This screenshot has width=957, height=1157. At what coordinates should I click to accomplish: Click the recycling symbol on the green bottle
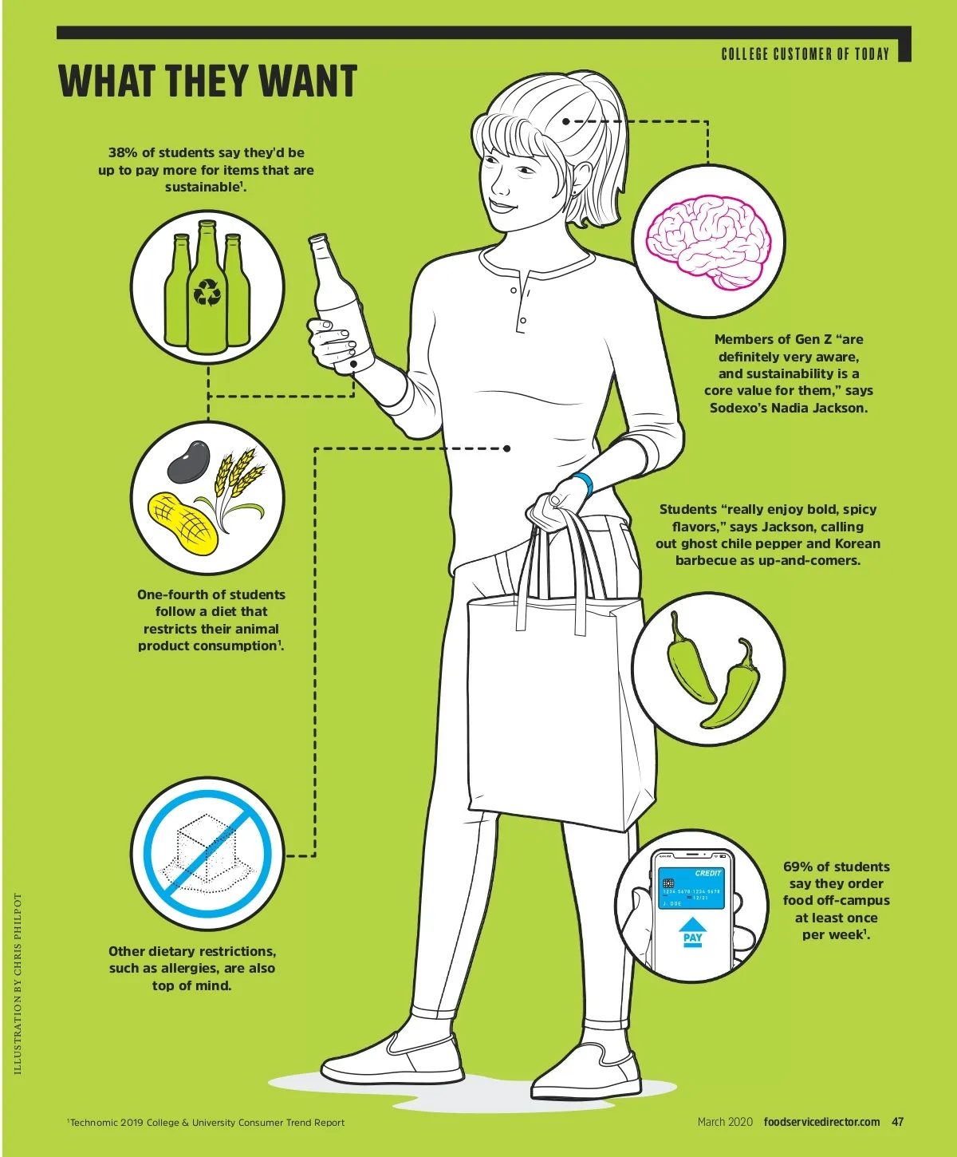click(207, 292)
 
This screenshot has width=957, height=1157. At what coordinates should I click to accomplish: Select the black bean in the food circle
click(189, 461)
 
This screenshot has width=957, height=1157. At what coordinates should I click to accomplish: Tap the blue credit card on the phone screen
click(691, 887)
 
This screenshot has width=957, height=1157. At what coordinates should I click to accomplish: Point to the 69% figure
click(797, 867)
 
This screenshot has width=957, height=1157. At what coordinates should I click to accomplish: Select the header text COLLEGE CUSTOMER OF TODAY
click(805, 53)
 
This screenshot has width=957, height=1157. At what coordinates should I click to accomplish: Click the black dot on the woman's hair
click(565, 120)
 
